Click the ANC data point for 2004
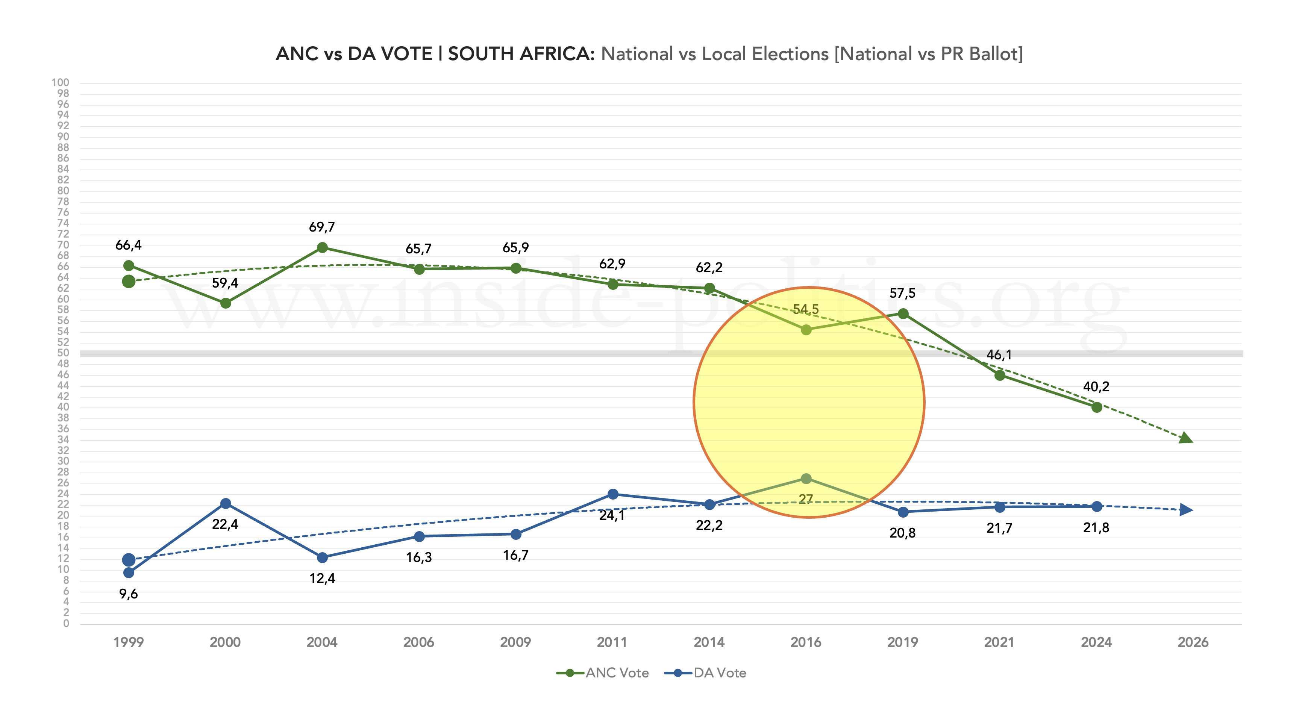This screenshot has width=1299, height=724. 322,248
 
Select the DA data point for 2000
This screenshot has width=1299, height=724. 226,504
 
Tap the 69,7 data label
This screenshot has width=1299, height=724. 322,227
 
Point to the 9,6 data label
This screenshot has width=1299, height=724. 129,594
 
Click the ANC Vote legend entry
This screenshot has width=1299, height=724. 603,673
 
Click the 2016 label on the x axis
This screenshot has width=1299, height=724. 806,642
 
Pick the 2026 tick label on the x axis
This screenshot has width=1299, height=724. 1193,642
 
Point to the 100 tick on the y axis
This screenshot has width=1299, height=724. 61,83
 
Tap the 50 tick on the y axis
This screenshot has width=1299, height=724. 63,353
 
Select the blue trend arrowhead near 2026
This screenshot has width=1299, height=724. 1186,510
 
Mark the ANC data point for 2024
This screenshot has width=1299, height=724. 1096,407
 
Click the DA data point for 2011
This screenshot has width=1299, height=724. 613,494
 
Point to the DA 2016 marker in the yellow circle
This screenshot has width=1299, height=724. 806,479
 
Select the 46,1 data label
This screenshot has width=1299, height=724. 999,355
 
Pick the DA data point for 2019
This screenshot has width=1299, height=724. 903,512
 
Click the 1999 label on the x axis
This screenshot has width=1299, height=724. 129,642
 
